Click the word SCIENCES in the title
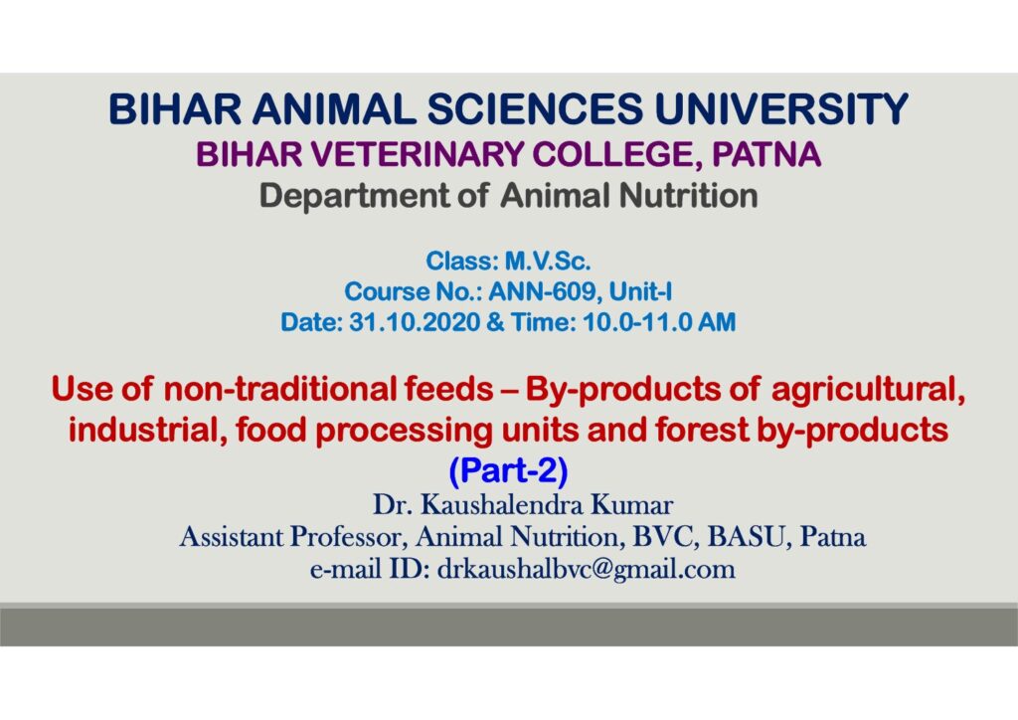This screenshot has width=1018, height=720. tap(534, 108)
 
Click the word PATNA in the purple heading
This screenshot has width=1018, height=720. tap(766, 154)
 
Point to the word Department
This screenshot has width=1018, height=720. tap(355, 196)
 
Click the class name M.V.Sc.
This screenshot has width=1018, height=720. tap(548, 261)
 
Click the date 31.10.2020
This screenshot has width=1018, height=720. tap(415, 322)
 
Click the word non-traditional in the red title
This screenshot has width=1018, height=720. tap(279, 390)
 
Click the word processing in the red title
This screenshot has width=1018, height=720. tap(405, 431)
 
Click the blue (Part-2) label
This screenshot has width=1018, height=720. tap(508, 470)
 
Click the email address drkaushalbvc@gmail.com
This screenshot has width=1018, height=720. tap(587, 570)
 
